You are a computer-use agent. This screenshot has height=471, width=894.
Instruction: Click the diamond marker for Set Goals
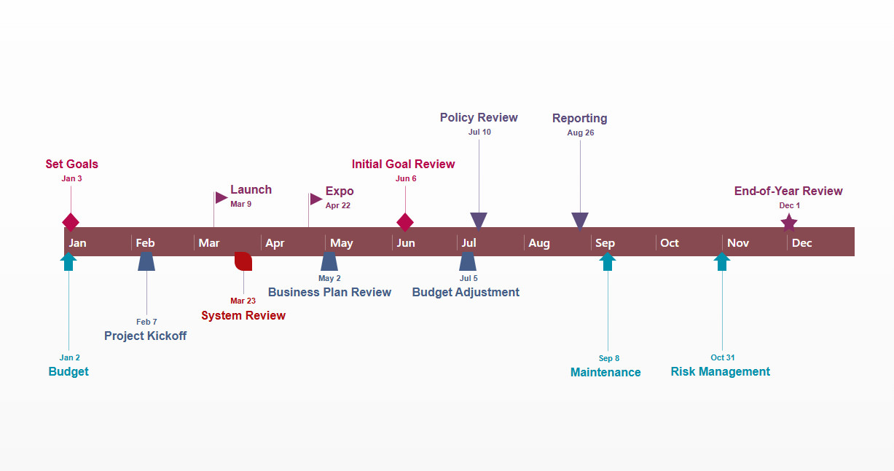pyautogui.click(x=71, y=222)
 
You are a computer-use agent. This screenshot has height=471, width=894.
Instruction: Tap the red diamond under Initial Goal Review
pyautogui.click(x=405, y=222)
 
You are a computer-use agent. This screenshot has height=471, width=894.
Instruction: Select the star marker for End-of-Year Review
pyautogui.click(x=788, y=223)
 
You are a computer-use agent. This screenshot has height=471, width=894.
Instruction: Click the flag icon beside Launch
pyautogui.click(x=221, y=197)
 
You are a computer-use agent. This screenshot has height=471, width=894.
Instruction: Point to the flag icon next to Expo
pyautogui.click(x=316, y=199)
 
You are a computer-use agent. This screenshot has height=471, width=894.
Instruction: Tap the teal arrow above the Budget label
pyautogui.click(x=68, y=261)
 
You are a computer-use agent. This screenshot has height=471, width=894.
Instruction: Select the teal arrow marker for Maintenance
pyautogui.click(x=608, y=261)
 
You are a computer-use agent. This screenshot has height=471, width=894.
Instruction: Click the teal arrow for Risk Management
pyautogui.click(x=722, y=261)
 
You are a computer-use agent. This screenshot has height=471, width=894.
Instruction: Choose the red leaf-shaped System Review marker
pyautogui.click(x=243, y=261)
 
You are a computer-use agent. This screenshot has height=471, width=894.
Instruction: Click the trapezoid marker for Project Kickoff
pyautogui.click(x=146, y=261)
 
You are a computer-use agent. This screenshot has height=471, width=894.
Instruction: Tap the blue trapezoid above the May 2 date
pyautogui.click(x=329, y=261)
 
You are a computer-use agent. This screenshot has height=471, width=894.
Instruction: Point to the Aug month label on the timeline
pyautogui.click(x=538, y=243)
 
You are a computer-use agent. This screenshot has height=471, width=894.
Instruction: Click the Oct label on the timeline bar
pyautogui.click(x=670, y=243)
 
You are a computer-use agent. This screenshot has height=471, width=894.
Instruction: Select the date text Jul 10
pyautogui.click(x=479, y=132)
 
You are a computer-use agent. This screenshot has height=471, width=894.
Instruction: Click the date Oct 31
pyautogui.click(x=722, y=357)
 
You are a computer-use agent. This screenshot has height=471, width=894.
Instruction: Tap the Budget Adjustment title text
pyautogui.click(x=466, y=293)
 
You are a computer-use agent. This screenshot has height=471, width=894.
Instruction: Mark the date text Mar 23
pyautogui.click(x=243, y=301)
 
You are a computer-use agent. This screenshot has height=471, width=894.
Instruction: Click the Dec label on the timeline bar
pyautogui.click(x=801, y=243)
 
